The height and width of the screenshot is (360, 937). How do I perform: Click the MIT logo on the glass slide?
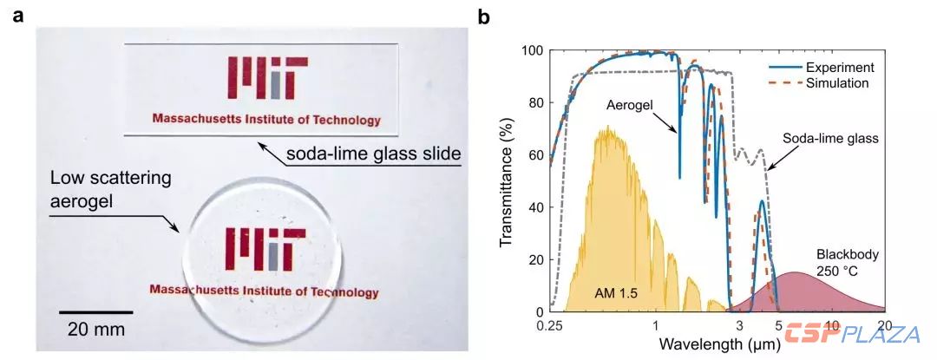pyautogui.click(x=266, y=78)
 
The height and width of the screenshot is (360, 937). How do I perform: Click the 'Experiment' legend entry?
pyautogui.click(x=838, y=67)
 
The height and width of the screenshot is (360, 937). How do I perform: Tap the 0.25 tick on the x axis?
pyautogui.click(x=552, y=324)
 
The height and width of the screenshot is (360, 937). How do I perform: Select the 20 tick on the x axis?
pyautogui.click(x=885, y=324)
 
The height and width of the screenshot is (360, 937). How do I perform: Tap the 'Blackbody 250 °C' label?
pyautogui.click(x=847, y=264)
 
